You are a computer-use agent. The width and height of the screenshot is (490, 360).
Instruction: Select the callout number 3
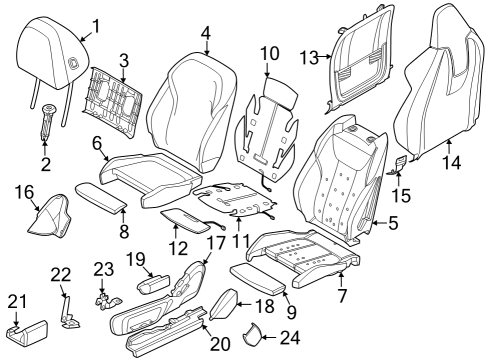coord(124,60)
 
